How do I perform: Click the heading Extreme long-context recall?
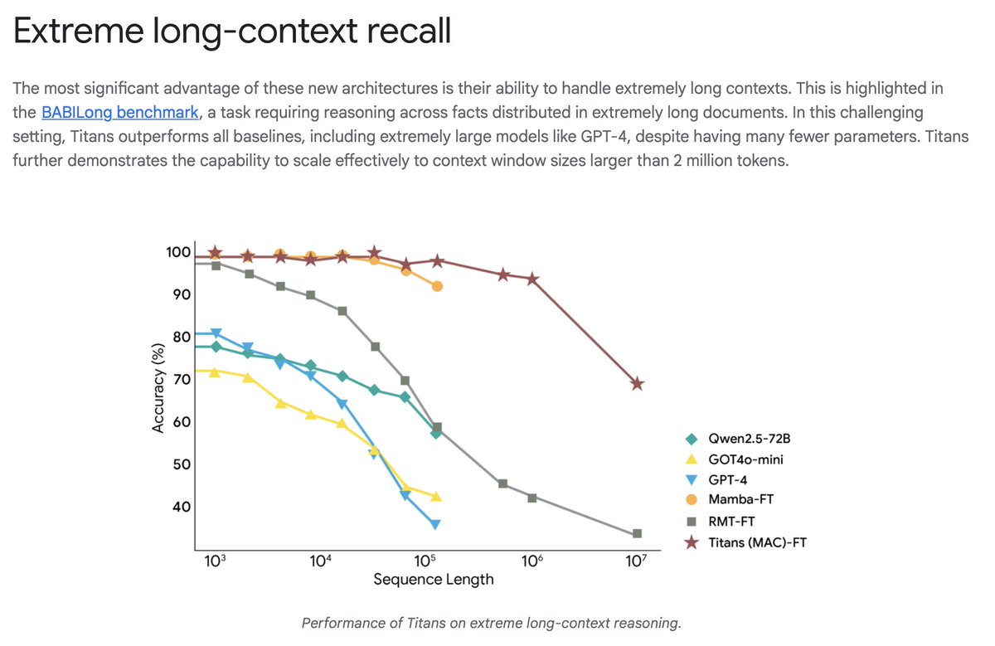[232, 33]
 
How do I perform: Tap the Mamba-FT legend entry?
[741, 500]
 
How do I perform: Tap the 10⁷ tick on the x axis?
[636, 561]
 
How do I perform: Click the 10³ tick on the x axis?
[214, 561]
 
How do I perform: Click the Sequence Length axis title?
[433, 579]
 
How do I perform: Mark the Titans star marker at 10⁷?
[637, 384]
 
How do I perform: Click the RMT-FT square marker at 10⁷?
[637, 534]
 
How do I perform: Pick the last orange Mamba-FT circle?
[437, 286]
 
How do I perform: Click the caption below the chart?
[491, 623]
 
